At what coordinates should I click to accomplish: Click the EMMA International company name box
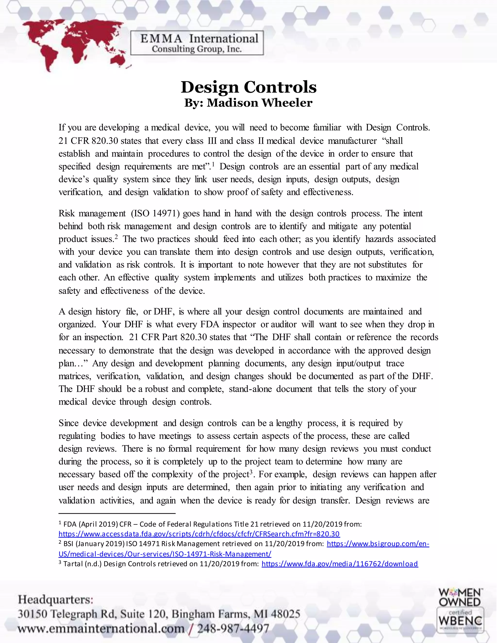point(197,43)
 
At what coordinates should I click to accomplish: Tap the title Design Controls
point(248,87)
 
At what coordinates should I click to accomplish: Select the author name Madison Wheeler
point(259,103)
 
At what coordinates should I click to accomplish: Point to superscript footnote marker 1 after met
point(213,164)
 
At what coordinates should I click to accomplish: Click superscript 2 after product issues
point(116,236)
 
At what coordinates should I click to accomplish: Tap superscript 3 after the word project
point(251,472)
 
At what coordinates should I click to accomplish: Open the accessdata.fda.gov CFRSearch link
point(199,534)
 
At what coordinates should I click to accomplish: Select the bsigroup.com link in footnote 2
point(378,544)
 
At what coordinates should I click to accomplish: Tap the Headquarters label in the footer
point(55,599)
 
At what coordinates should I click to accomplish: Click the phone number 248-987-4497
point(233,629)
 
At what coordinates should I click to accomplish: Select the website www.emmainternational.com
point(101,629)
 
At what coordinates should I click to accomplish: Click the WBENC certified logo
point(460,621)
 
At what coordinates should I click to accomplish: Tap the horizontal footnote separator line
point(117,513)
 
